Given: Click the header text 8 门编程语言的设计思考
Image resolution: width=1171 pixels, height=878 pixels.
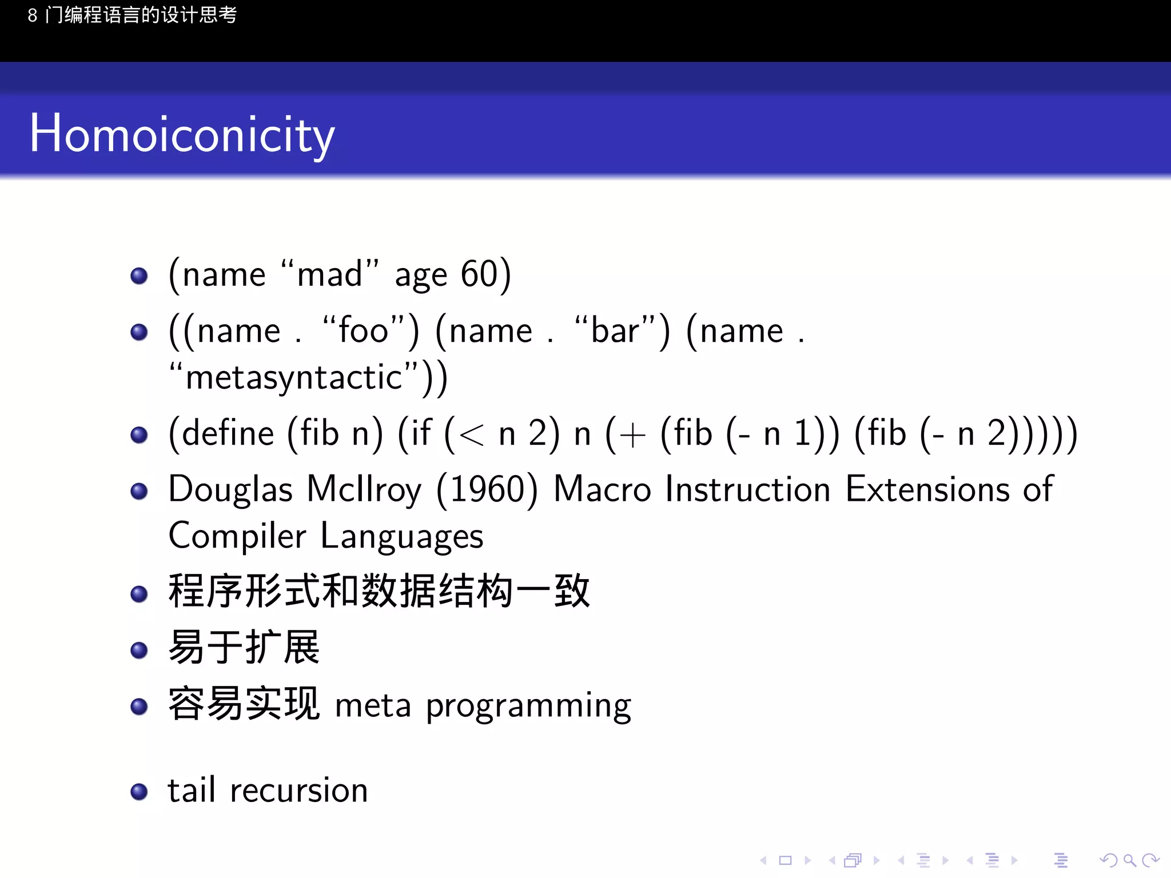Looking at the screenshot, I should pyautogui.click(x=132, y=15).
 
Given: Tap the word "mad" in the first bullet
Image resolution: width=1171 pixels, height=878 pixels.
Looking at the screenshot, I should pyautogui.click(x=330, y=274).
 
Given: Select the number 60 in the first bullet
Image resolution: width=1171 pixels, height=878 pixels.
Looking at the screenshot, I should pyautogui.click(x=479, y=274).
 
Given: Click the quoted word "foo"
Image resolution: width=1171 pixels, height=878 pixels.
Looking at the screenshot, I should pyautogui.click(x=364, y=331).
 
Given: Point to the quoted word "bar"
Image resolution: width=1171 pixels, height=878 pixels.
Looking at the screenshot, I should pyautogui.click(x=615, y=331).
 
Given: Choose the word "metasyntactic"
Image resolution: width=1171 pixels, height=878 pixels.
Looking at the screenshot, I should pyautogui.click(x=294, y=378).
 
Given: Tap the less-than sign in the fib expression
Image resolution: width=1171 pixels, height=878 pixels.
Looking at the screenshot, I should pyautogui.click(x=471, y=436).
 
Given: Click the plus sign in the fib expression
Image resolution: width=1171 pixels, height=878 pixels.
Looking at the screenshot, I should pyautogui.click(x=632, y=436).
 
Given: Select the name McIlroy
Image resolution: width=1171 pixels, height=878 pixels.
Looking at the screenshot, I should pyautogui.click(x=364, y=490).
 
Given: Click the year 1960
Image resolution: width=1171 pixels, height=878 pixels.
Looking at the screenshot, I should pyautogui.click(x=487, y=490).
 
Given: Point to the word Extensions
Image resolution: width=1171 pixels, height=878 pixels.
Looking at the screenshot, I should pyautogui.click(x=927, y=490).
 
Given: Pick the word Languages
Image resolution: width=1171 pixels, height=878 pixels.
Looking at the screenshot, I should pyautogui.click(x=401, y=537).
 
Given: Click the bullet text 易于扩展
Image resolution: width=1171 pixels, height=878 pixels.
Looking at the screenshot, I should pyautogui.click(x=244, y=648).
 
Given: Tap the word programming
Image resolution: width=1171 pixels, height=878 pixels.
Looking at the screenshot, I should pyautogui.click(x=528, y=707).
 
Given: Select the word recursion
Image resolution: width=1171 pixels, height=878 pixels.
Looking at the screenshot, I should pyautogui.click(x=298, y=791).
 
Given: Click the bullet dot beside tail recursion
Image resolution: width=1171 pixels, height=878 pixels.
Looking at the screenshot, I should pyautogui.click(x=139, y=792).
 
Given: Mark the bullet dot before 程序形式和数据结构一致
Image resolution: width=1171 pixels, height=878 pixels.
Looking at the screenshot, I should pyautogui.click(x=139, y=594).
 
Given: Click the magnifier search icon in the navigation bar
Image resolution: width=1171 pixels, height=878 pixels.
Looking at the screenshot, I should pyautogui.click(x=1129, y=860).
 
